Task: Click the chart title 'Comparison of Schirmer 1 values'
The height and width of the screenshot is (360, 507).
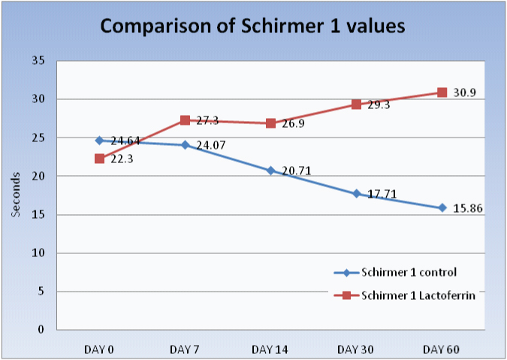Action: pos(253,26)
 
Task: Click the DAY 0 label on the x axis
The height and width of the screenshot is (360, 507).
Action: pos(99,349)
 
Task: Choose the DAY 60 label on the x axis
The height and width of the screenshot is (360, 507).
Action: pos(442,349)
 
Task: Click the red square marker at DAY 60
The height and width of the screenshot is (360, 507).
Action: pos(442,92)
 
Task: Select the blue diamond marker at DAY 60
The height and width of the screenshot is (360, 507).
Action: pos(442,207)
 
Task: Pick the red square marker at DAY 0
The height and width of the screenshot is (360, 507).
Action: pos(99,159)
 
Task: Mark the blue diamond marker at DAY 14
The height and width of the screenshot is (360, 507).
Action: pos(270,171)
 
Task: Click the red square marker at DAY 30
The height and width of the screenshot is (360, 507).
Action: pos(357,104)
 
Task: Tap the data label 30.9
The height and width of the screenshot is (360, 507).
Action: pos(465,93)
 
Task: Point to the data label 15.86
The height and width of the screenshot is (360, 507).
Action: pos(467,208)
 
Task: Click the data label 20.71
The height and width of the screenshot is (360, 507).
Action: pos(295,171)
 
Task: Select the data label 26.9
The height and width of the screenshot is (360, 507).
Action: pos(294,124)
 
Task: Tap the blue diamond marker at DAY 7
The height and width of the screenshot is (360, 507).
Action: pos(185,144)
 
